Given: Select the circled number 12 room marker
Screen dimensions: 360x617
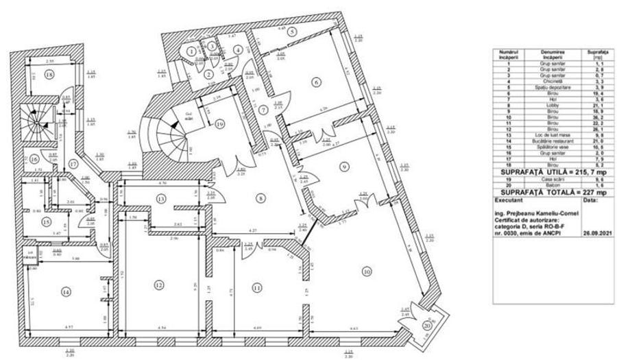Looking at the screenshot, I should [x=159, y=285].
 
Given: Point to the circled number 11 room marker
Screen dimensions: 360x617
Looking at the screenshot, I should [x=257, y=287].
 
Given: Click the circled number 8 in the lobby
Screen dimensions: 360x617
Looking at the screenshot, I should [x=260, y=199].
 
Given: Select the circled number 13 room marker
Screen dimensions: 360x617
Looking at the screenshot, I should [x=159, y=199].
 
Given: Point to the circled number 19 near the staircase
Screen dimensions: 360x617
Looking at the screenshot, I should [x=219, y=124].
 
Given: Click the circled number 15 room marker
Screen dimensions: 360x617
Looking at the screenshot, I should [x=45, y=221].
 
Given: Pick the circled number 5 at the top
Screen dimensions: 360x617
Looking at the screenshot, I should [x=291, y=32].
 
